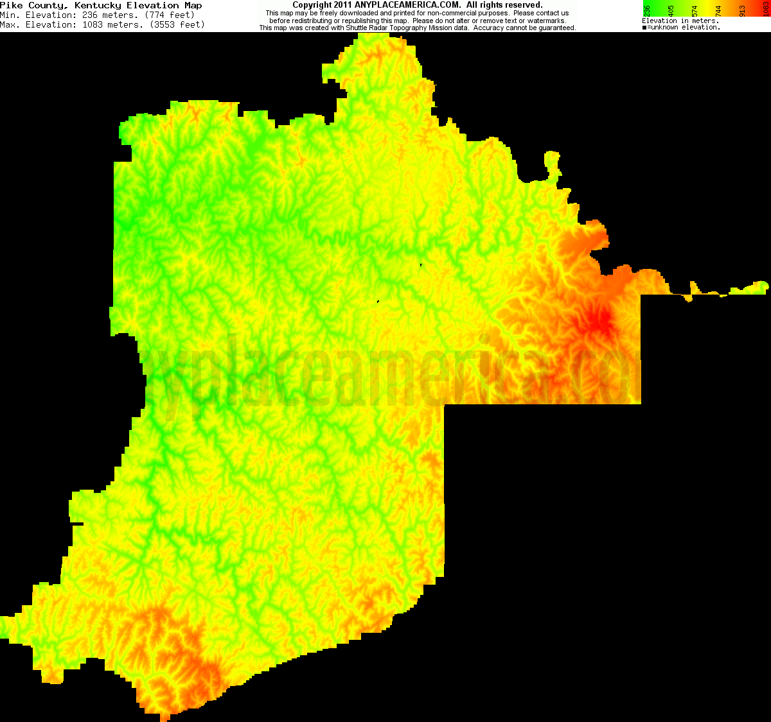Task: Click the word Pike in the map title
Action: pos(12,5)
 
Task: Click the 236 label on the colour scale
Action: pos(648,11)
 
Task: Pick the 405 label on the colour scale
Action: pos(671,11)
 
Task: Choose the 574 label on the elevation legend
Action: pos(695,11)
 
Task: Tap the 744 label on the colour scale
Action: pos(718,11)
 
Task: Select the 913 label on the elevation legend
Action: pos(742,11)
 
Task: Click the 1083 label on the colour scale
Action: pos(765,11)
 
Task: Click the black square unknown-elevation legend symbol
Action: pos(644,28)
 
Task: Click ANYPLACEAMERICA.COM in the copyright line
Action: pos(407,5)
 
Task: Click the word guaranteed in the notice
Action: pos(554,28)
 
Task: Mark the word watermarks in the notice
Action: pos(546,21)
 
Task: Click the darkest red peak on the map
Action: pos(603,321)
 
